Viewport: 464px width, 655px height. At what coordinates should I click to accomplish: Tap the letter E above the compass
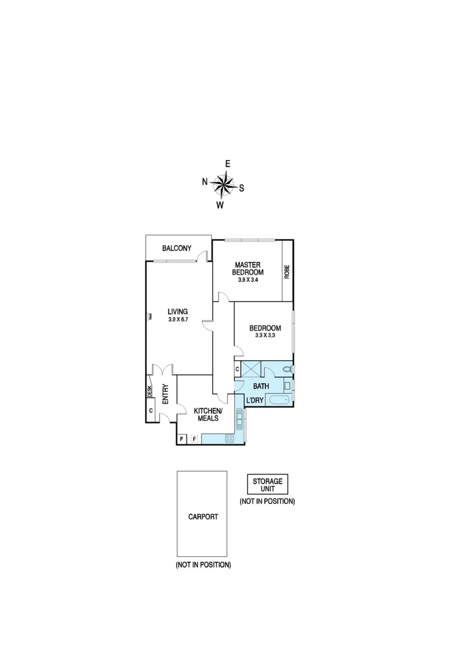228,164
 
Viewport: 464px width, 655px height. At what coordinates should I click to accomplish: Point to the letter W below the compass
220,205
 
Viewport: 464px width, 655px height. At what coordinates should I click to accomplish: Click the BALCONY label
177,248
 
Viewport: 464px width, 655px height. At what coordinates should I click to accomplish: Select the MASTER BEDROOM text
248,269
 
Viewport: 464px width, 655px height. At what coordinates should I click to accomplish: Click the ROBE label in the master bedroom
287,272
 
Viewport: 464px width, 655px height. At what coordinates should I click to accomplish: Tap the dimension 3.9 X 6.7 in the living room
179,320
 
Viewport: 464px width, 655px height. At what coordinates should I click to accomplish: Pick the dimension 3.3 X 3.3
265,335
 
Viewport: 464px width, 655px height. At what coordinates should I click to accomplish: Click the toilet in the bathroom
287,368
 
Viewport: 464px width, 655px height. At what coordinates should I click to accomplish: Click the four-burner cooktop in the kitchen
230,438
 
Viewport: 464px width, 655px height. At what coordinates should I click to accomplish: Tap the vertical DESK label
149,392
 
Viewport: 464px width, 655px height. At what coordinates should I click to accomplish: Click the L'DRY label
254,400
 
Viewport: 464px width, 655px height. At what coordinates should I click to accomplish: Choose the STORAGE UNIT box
267,485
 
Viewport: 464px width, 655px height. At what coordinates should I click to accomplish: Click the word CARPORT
203,517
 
